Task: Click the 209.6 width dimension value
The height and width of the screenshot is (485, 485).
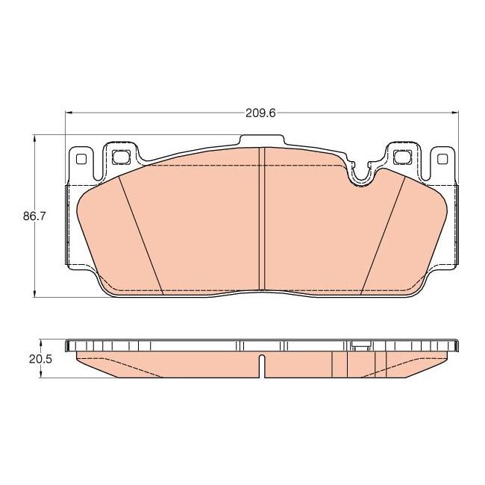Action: tap(261, 113)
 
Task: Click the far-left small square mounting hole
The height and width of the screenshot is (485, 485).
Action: tap(80, 158)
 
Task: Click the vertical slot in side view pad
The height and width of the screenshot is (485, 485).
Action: tap(261, 366)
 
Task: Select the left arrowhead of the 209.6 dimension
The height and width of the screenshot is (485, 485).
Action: tap(70, 113)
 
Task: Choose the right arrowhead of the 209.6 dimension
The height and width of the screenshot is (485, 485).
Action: tap(454, 113)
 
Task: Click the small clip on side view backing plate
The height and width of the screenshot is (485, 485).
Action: tap(360, 345)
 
